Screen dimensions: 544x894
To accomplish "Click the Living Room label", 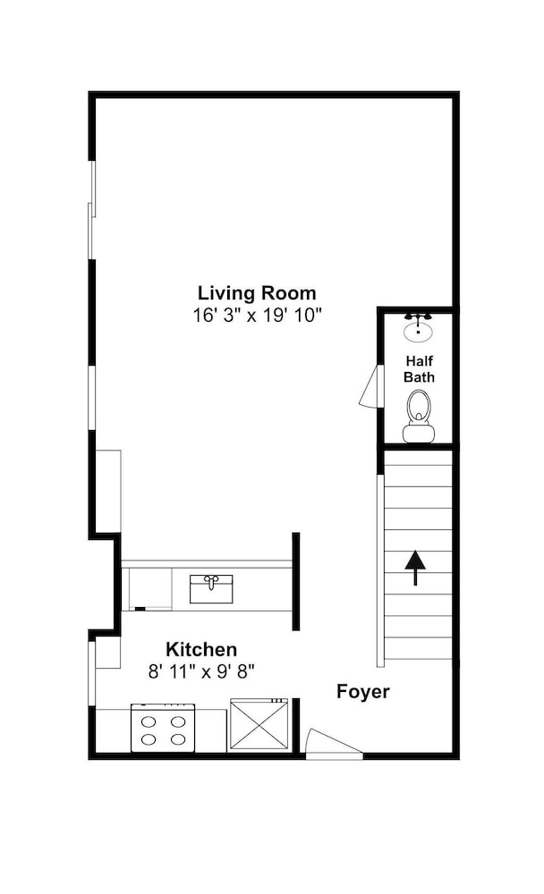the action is [257, 293].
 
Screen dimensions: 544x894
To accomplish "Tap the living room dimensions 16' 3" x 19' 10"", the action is [258, 315].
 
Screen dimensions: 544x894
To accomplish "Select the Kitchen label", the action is [201, 649].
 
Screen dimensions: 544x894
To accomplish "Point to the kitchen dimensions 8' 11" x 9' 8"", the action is [201, 671].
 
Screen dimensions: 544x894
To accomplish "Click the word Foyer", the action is [363, 692].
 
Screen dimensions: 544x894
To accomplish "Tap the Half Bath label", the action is [419, 369].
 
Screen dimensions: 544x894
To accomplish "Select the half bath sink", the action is [419, 328].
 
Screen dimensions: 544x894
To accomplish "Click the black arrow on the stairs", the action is [415, 568].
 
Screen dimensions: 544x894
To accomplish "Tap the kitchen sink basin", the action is [211, 589].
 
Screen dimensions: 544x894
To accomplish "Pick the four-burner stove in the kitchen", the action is [163, 728].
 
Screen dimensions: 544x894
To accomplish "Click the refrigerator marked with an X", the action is [259, 725].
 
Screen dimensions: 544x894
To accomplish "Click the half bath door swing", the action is [370, 386].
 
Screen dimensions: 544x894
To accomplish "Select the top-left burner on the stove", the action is [149, 721].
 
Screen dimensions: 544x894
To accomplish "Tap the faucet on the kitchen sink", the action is [211, 582].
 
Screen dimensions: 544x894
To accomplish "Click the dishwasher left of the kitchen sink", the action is [150, 589].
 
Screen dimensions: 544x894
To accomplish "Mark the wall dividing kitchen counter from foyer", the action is [295, 582].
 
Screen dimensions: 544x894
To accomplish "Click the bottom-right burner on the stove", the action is [179, 739].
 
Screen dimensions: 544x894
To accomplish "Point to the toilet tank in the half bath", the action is [419, 434].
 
